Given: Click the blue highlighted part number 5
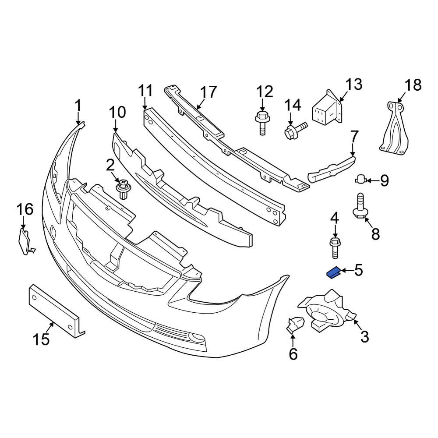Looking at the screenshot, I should click(x=334, y=272).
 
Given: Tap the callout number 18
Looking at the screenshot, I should click(x=412, y=85).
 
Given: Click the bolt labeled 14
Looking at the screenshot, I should click(x=294, y=130).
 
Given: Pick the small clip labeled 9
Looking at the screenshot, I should click(x=360, y=179).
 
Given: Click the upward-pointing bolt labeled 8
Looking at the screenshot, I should click(x=360, y=207).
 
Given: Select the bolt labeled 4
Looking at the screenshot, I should click(x=335, y=247).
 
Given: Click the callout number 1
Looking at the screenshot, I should click(x=78, y=106).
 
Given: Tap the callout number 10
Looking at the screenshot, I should click(x=117, y=113).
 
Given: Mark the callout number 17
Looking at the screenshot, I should click(x=208, y=92).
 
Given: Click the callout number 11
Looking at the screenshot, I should click(x=145, y=91).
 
